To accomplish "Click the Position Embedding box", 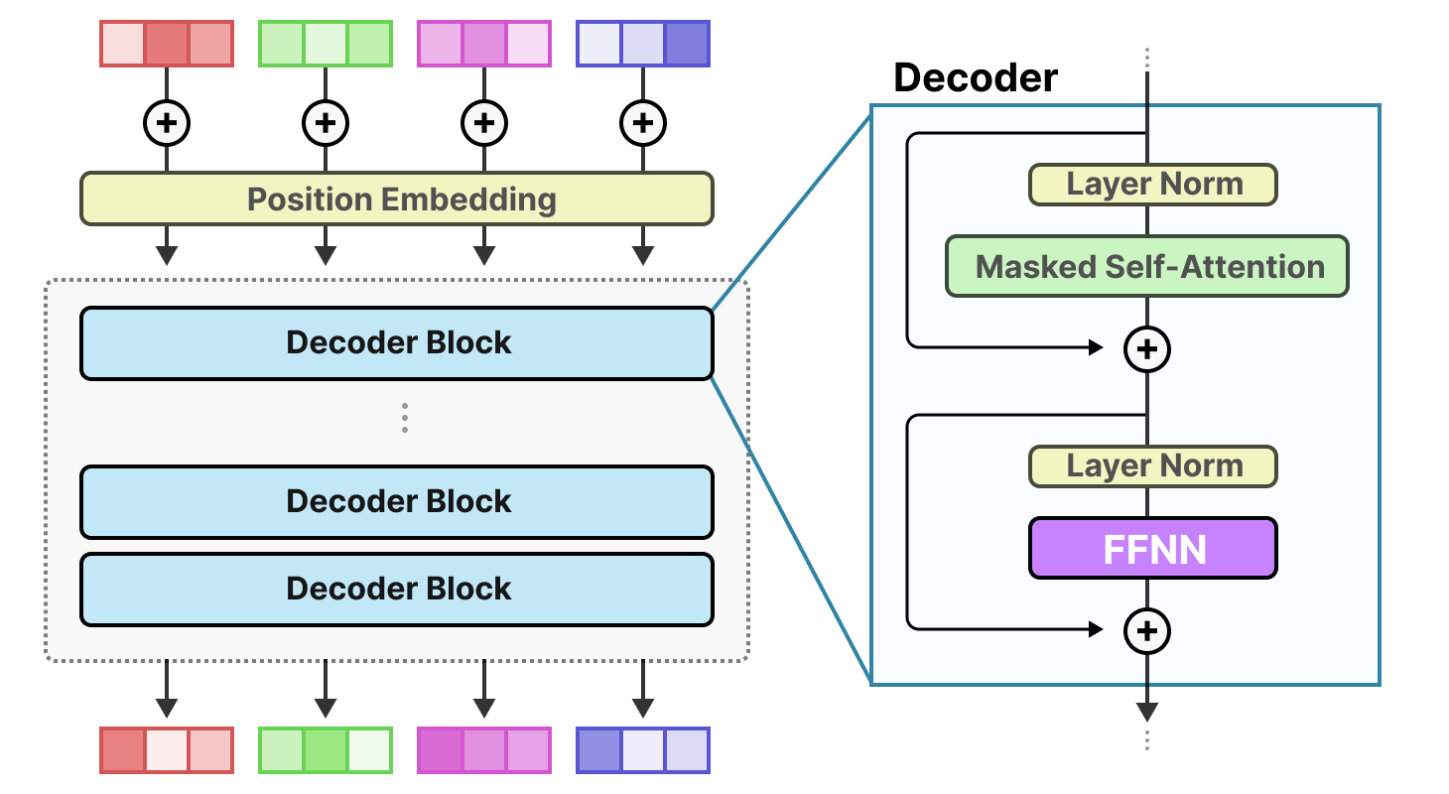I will coord(396,198).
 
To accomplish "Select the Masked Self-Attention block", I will coord(1147,266).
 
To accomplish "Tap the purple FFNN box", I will coord(1153,548).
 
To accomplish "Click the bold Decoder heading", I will coord(976,77).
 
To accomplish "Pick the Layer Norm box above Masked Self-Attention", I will coord(1153,185).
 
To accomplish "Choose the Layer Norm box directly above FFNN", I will coord(1153,466).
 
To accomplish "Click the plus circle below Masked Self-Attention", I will coord(1147,348).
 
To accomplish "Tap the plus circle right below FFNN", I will coord(1147,630).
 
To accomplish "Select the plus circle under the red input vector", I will coord(167,123).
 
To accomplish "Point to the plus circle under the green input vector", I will coord(326,123).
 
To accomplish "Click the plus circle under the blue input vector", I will coord(643,123).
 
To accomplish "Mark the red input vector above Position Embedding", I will coord(167,44).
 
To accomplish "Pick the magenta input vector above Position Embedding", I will coord(484,44).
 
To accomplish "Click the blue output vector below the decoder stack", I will coord(643,750).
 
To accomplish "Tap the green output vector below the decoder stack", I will coord(326,750).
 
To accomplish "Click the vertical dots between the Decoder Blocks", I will coord(405,418).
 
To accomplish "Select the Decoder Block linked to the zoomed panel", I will coord(396,343).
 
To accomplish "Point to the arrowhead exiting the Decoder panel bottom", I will coord(1147,712).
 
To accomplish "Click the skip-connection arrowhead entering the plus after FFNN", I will coord(1096,629).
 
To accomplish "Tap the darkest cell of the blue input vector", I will coord(687,44).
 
